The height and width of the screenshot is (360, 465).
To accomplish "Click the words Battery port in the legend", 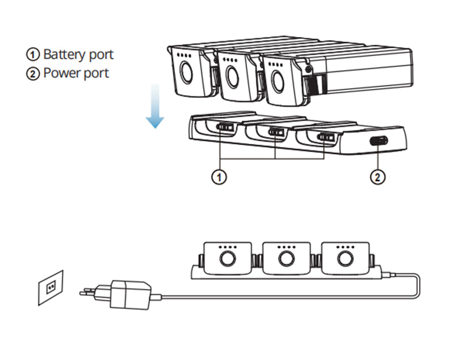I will [x=78, y=55].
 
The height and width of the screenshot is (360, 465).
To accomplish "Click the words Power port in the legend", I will [x=76, y=74].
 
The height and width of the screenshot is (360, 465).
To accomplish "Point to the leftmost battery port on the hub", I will [x=224, y=127].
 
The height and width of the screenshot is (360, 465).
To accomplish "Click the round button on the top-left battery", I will [x=187, y=74].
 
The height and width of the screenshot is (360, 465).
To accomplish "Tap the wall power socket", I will [x=51, y=287].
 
